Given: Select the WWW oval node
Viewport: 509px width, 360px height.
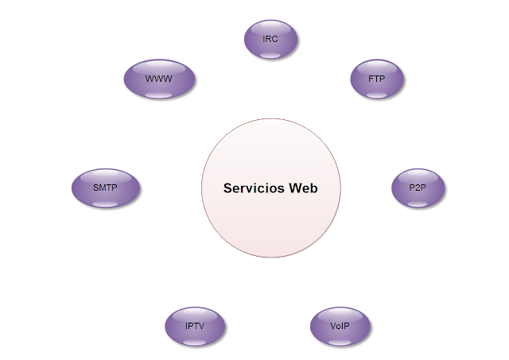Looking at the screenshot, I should click(159, 79).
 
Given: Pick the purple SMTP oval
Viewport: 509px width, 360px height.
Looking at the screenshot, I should click(106, 188).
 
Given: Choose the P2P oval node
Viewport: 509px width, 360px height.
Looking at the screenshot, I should click(418, 188).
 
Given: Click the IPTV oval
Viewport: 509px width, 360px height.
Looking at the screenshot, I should click(195, 326).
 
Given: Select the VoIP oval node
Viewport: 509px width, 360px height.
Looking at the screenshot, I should click(340, 326).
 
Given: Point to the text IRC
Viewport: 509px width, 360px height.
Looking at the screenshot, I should click(270, 38).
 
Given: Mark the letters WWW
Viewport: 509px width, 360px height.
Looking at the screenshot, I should click(159, 79).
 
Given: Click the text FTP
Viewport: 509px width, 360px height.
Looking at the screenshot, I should click(377, 79).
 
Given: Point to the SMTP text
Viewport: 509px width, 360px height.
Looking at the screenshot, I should click(105, 188).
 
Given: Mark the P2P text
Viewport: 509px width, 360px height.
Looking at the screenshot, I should click(418, 188).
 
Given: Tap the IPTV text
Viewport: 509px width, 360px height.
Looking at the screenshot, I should click(195, 326).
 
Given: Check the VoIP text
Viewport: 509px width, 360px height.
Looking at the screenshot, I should click(340, 326).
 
